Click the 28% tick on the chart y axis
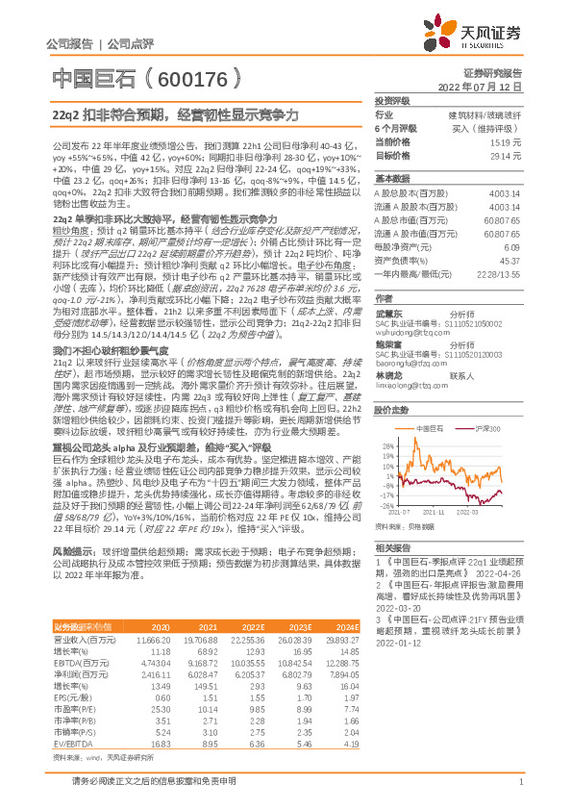386,418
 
